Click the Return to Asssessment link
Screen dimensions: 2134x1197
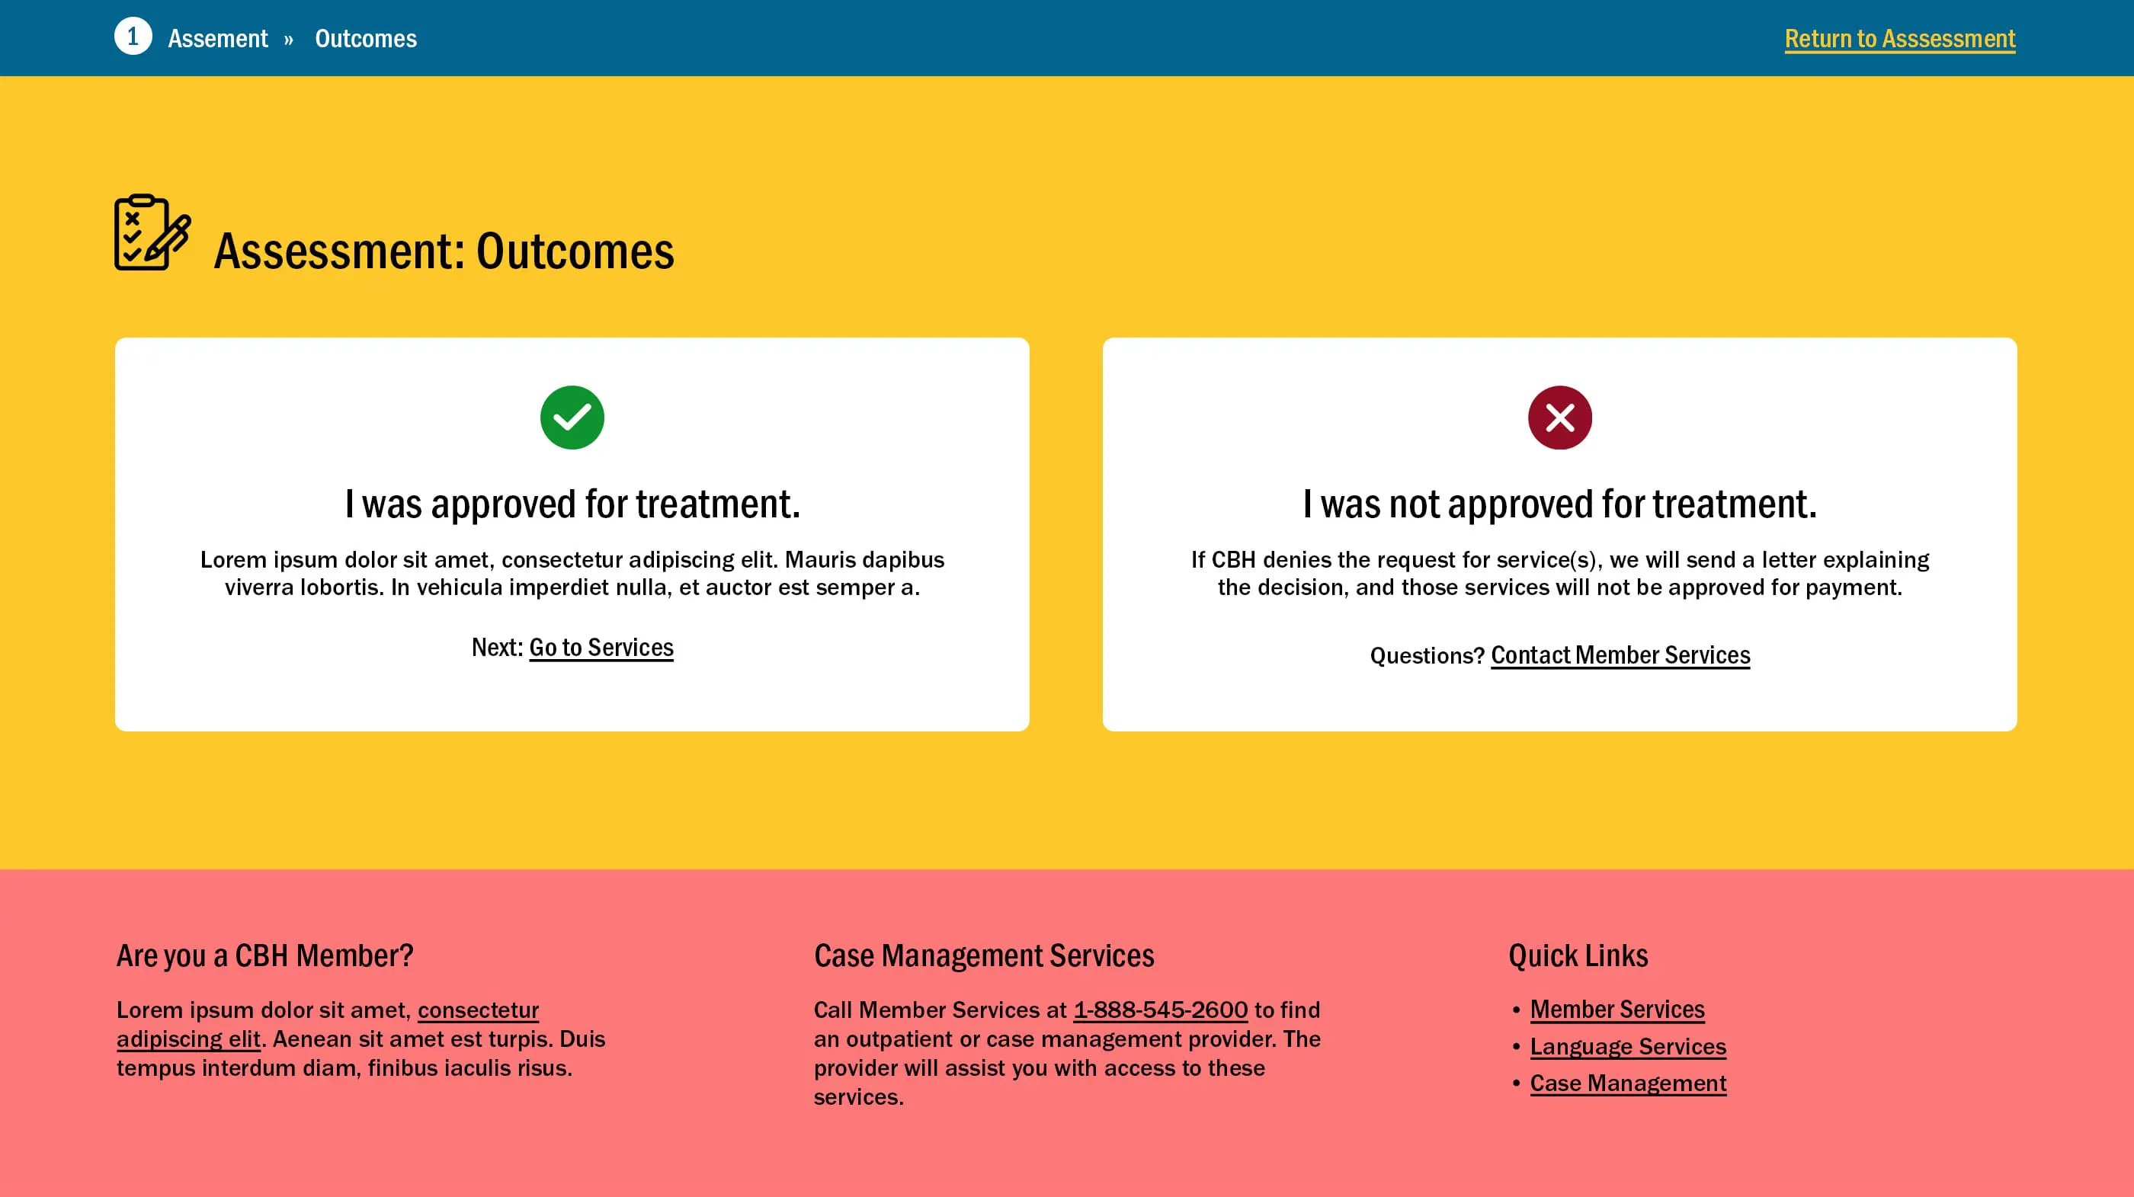point(1899,39)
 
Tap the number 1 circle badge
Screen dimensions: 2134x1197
point(133,37)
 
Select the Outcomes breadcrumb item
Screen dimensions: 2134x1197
point(365,39)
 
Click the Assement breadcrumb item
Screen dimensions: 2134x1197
point(218,39)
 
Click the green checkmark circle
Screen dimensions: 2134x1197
point(572,418)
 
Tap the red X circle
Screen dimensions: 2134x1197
point(1560,418)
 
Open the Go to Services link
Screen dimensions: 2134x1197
point(601,648)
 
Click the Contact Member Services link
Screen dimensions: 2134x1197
point(1620,655)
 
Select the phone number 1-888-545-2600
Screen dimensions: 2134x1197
point(1161,1010)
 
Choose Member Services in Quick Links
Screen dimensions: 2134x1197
point(1617,1010)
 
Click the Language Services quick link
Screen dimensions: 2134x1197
point(1628,1047)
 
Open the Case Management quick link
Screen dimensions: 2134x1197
point(1628,1083)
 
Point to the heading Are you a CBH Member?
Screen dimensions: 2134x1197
point(265,956)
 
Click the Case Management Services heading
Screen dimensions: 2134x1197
point(984,956)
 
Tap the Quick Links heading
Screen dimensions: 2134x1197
point(1578,956)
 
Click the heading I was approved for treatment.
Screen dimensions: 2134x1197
point(572,504)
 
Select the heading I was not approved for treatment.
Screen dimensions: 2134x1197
point(1560,504)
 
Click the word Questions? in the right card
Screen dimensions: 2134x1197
point(1427,656)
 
